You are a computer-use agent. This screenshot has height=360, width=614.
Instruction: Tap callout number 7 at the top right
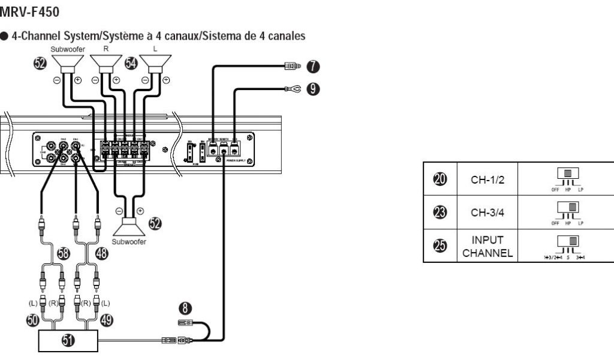point(312,64)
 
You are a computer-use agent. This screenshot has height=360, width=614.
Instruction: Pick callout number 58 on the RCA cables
point(62,254)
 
